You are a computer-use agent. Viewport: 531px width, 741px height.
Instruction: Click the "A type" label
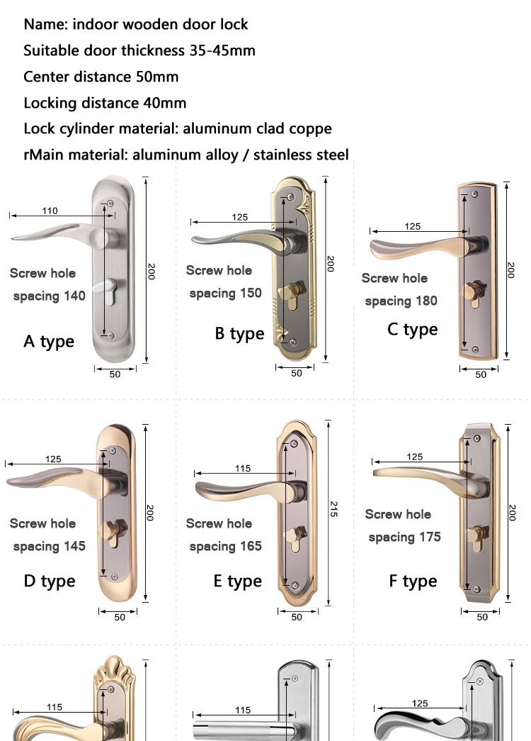click(48, 341)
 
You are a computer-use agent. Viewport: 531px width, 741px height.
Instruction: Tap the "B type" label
click(239, 333)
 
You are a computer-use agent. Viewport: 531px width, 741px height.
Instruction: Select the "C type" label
click(412, 330)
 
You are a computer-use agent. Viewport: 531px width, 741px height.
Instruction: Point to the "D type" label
click(49, 581)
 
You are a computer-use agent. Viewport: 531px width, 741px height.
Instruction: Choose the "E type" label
click(237, 581)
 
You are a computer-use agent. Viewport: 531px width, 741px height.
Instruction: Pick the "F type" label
click(412, 581)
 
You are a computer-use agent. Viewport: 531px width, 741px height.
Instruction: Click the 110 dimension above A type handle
click(50, 211)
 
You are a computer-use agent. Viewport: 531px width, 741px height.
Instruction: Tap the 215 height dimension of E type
click(333, 508)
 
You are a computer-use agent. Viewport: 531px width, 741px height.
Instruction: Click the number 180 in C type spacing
click(426, 301)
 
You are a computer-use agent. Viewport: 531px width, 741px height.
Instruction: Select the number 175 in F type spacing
click(429, 537)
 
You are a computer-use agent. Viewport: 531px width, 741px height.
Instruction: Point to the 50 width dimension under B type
click(297, 373)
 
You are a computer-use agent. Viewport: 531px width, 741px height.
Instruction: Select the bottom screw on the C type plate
click(475, 350)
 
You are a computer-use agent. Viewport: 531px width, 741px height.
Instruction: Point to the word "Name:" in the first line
click(45, 24)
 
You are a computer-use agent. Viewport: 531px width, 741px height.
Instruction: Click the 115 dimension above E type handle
click(243, 468)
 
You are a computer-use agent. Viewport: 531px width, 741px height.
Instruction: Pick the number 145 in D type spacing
click(73, 546)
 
